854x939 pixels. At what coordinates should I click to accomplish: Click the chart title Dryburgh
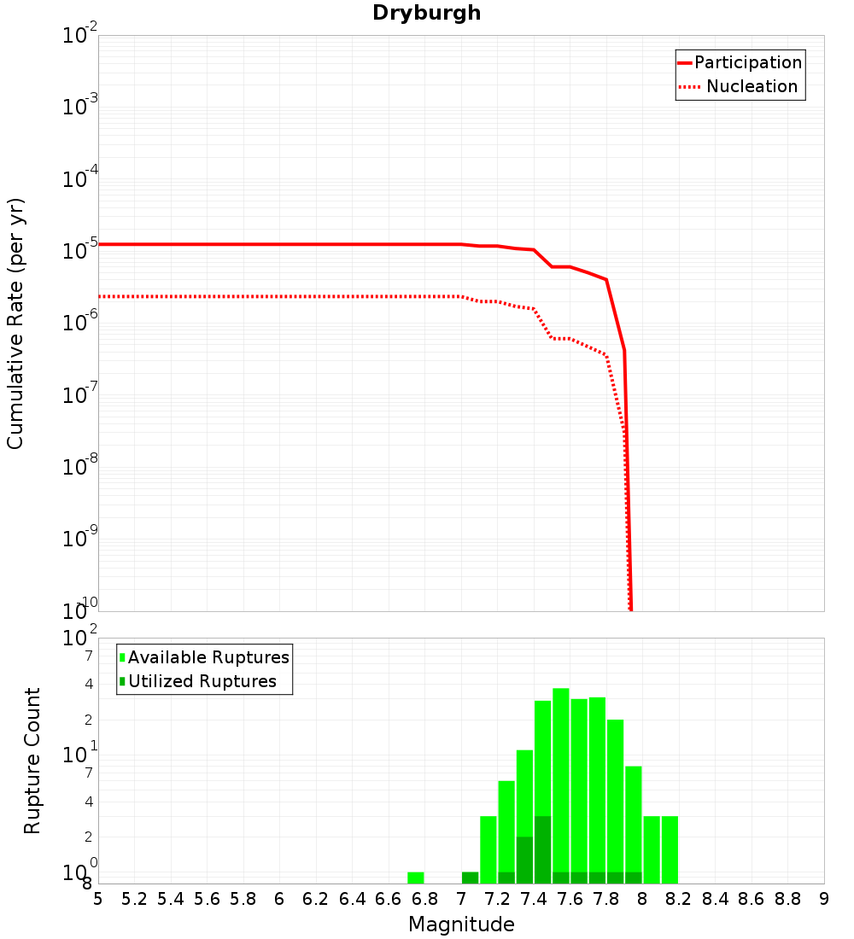pos(426,14)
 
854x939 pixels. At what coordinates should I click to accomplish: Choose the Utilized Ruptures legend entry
pos(202,681)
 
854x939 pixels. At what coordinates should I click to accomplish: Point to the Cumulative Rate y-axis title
pos(15,324)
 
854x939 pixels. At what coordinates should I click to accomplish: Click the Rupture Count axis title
pos(32,760)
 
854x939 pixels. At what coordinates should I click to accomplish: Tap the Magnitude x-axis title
pos(461,924)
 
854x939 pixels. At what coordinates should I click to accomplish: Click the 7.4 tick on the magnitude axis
pos(534,899)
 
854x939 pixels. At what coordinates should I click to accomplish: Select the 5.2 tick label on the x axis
pos(135,899)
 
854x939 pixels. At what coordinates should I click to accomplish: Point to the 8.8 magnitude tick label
pos(787,899)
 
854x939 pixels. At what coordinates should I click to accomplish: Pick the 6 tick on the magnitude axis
pos(279,899)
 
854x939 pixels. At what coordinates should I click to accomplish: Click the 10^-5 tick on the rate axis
pos(80,249)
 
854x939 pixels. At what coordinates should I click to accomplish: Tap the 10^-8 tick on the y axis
pos(80,465)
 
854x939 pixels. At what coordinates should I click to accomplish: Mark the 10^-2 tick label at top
pos(80,36)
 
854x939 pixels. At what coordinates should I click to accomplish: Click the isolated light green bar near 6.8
pos(416,878)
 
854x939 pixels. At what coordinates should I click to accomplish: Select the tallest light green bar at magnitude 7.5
pos(561,785)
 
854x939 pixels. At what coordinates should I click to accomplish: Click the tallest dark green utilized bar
pos(543,849)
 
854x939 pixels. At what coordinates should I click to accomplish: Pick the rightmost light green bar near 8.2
pos(670,849)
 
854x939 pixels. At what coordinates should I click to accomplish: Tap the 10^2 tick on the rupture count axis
pos(80,639)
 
